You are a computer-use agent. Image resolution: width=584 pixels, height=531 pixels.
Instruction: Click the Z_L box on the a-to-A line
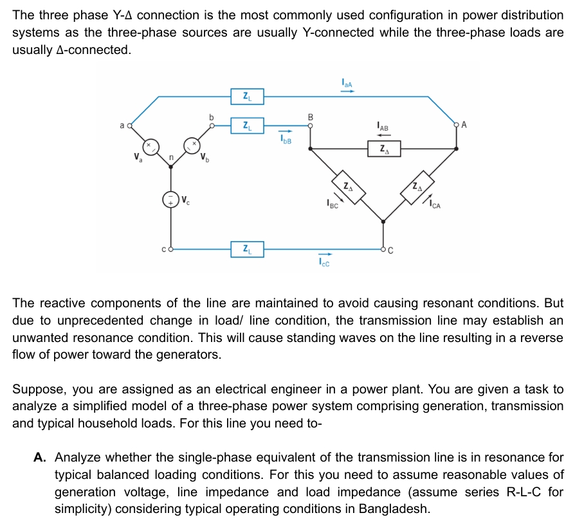247,97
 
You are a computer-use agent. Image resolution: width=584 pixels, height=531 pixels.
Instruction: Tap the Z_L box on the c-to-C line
247,249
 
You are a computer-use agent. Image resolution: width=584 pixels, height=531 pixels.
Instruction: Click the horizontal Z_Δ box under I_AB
384,149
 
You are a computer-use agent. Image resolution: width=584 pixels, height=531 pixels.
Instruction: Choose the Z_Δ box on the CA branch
419,187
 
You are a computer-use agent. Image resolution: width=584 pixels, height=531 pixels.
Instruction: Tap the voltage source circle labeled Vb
192,146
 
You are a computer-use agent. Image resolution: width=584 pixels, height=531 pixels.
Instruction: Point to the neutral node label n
171,157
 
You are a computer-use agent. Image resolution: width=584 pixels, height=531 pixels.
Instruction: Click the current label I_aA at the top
347,82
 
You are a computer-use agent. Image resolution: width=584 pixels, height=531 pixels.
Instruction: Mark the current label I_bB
286,139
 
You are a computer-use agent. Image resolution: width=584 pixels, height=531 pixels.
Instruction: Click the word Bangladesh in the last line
394,509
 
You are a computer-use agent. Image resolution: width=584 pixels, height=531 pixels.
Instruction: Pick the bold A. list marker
40,457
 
